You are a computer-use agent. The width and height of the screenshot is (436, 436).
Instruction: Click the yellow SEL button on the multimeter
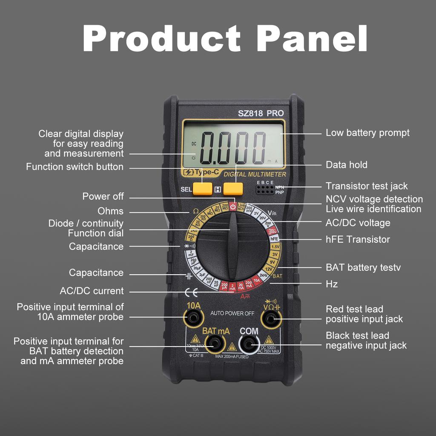click(202, 189)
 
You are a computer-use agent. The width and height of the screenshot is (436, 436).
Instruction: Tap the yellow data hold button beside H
click(233, 189)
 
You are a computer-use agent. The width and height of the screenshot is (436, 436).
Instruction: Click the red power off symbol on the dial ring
click(233, 207)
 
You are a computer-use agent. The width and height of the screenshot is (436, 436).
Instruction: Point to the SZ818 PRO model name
click(261, 113)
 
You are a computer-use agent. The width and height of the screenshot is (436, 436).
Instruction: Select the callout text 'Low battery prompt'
click(367, 133)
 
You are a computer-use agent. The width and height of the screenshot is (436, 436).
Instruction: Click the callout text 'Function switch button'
click(75, 167)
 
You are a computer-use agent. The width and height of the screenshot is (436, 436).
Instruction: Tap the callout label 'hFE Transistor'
click(358, 239)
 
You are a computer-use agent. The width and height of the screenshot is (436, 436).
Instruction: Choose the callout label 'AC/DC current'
click(92, 291)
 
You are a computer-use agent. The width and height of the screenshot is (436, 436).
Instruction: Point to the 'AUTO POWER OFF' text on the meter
click(232, 313)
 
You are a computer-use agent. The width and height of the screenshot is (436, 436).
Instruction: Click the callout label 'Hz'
click(332, 284)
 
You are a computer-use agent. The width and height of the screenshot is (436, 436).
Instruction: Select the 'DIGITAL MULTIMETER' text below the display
click(255, 174)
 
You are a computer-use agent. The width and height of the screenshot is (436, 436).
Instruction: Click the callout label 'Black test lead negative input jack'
click(366, 341)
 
